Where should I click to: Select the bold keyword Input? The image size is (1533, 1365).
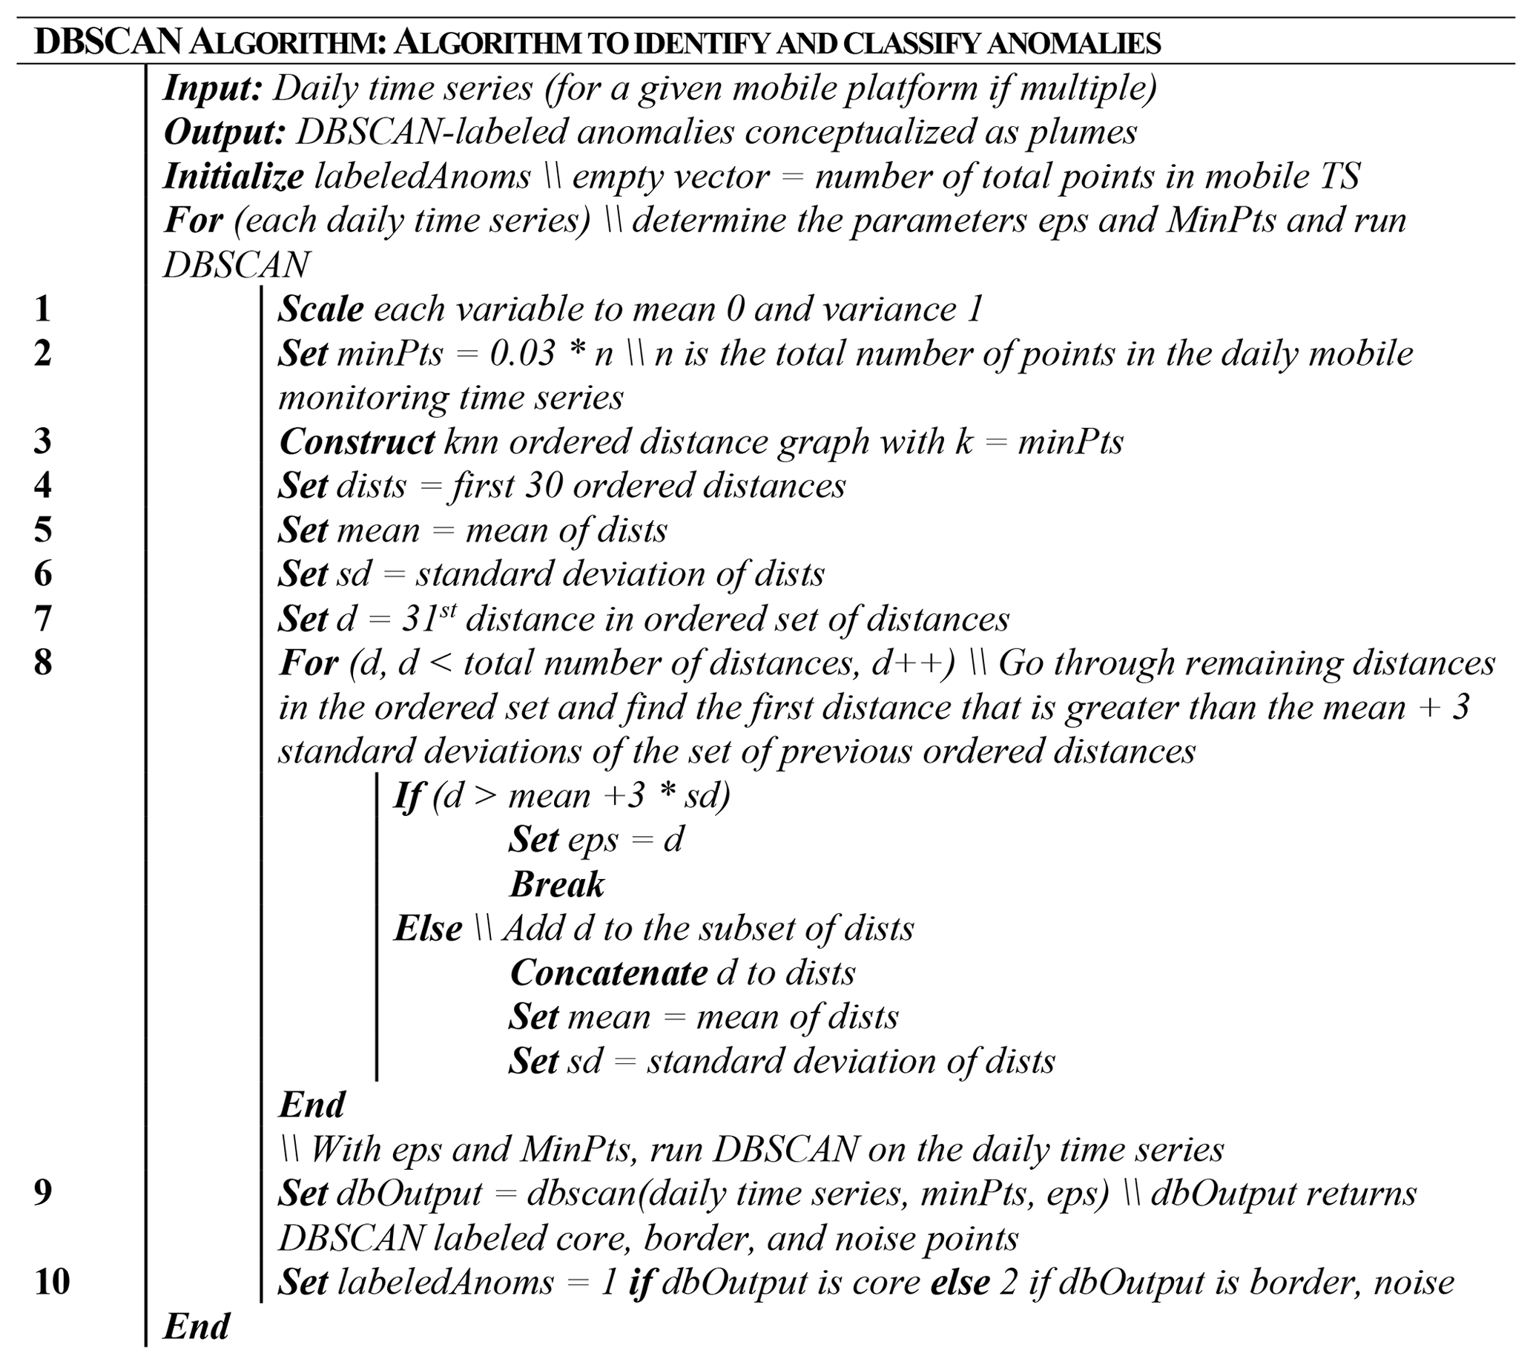212,88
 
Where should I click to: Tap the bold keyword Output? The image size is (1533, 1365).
224,133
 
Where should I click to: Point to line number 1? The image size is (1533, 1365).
43,309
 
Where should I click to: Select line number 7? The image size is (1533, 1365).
43,619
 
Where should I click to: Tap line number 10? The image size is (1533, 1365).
53,1281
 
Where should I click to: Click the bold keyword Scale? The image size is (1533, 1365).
321,309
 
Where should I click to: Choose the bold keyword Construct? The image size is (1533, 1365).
357,441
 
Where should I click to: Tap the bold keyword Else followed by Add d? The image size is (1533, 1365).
428,929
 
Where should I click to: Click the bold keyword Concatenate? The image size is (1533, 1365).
608,973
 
